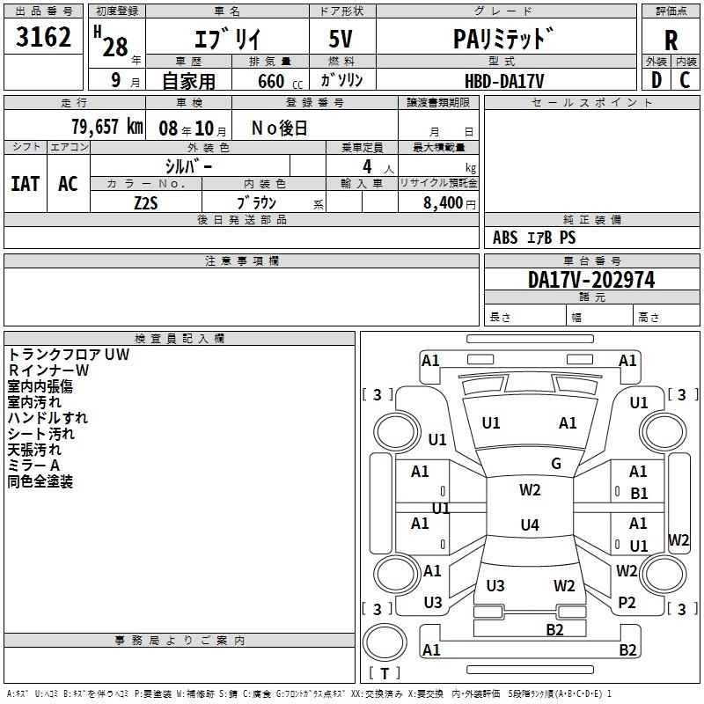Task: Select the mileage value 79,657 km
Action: pos(106,127)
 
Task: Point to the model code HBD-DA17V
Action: pos(504,80)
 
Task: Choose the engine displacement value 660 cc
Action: pos(269,81)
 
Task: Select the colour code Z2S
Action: pos(145,202)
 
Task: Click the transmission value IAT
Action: pos(26,183)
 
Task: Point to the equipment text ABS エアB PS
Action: pos(534,238)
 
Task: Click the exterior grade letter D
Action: pos(656,80)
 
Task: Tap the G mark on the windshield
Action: pos(556,464)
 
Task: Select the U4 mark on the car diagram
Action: pos(529,525)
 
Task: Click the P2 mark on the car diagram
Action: pos(627,602)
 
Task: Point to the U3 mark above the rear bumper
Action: pos(495,585)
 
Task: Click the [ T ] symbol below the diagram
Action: pos(383,674)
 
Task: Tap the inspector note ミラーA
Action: pos(33,465)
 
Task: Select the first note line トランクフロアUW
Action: pos(68,354)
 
